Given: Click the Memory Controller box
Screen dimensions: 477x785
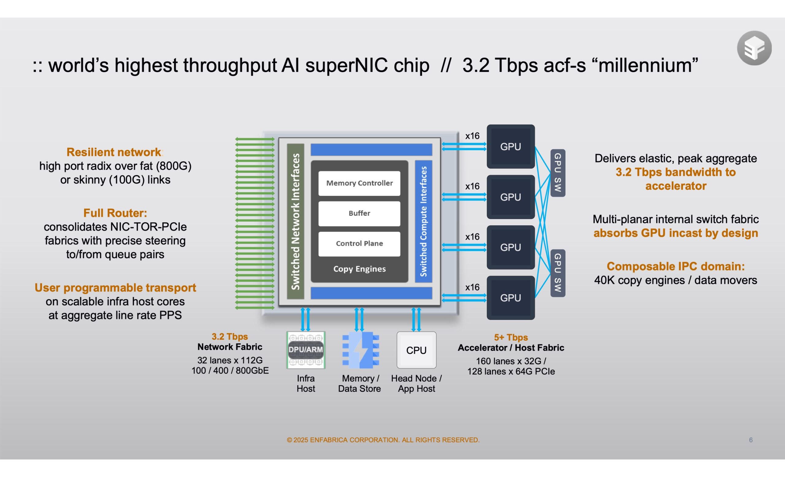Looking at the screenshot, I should (x=359, y=183).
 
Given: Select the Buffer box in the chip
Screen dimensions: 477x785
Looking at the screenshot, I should (x=359, y=213).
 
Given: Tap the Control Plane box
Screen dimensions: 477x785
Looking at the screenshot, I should (x=359, y=244).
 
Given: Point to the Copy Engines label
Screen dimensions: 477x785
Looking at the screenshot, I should (x=359, y=269).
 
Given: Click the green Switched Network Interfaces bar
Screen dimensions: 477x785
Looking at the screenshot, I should (x=295, y=221).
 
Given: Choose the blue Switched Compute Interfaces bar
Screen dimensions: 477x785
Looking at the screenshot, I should (x=423, y=221).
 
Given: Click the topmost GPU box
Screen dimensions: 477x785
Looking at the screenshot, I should (x=510, y=147).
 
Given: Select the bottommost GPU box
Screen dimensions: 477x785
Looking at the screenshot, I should (x=510, y=298).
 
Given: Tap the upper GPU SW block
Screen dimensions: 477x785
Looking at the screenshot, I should (x=557, y=173).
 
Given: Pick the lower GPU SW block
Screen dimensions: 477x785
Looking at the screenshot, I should (x=557, y=273).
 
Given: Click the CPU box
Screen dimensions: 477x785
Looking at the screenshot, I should (x=416, y=350).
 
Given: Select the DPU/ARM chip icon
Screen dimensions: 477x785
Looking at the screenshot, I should (x=305, y=350).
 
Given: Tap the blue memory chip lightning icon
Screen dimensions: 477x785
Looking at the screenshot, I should (x=360, y=350).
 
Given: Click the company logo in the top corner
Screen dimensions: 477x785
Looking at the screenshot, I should (x=754, y=48).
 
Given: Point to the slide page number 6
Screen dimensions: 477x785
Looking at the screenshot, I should (x=751, y=440).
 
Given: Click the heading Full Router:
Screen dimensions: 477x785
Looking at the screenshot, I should (x=115, y=213).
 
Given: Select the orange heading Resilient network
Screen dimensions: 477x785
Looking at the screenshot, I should (x=114, y=152).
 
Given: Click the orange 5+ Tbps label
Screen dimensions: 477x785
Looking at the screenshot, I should (x=511, y=337).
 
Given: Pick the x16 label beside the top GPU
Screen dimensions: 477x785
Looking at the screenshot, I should (x=472, y=136).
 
